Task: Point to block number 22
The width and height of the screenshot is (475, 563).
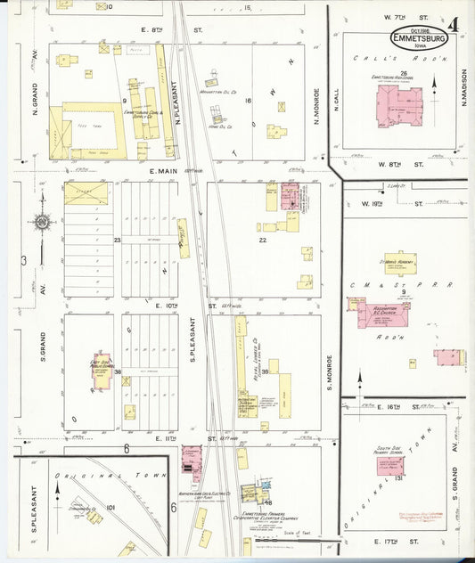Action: [x=263, y=241]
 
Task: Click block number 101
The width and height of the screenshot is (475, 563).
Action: [x=111, y=508]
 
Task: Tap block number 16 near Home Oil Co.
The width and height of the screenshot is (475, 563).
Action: [x=249, y=102]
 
